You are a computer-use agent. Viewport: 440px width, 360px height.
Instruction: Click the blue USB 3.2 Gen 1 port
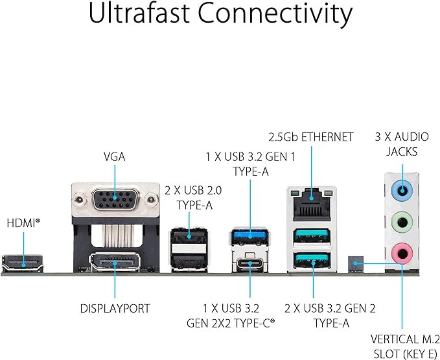pos(249,234)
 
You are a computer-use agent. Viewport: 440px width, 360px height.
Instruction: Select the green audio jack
pos(402,222)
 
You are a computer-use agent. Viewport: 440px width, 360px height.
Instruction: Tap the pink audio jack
pos(402,252)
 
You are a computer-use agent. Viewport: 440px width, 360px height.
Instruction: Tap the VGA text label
pos(114,156)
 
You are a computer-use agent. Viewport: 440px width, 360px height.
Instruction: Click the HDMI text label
pos(23,222)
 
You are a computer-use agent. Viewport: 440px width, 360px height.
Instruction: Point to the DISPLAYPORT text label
pos(115,309)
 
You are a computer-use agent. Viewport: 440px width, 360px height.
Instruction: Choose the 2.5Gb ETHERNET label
pos(311,137)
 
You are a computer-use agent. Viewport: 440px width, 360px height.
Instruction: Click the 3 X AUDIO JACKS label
pos(395,144)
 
